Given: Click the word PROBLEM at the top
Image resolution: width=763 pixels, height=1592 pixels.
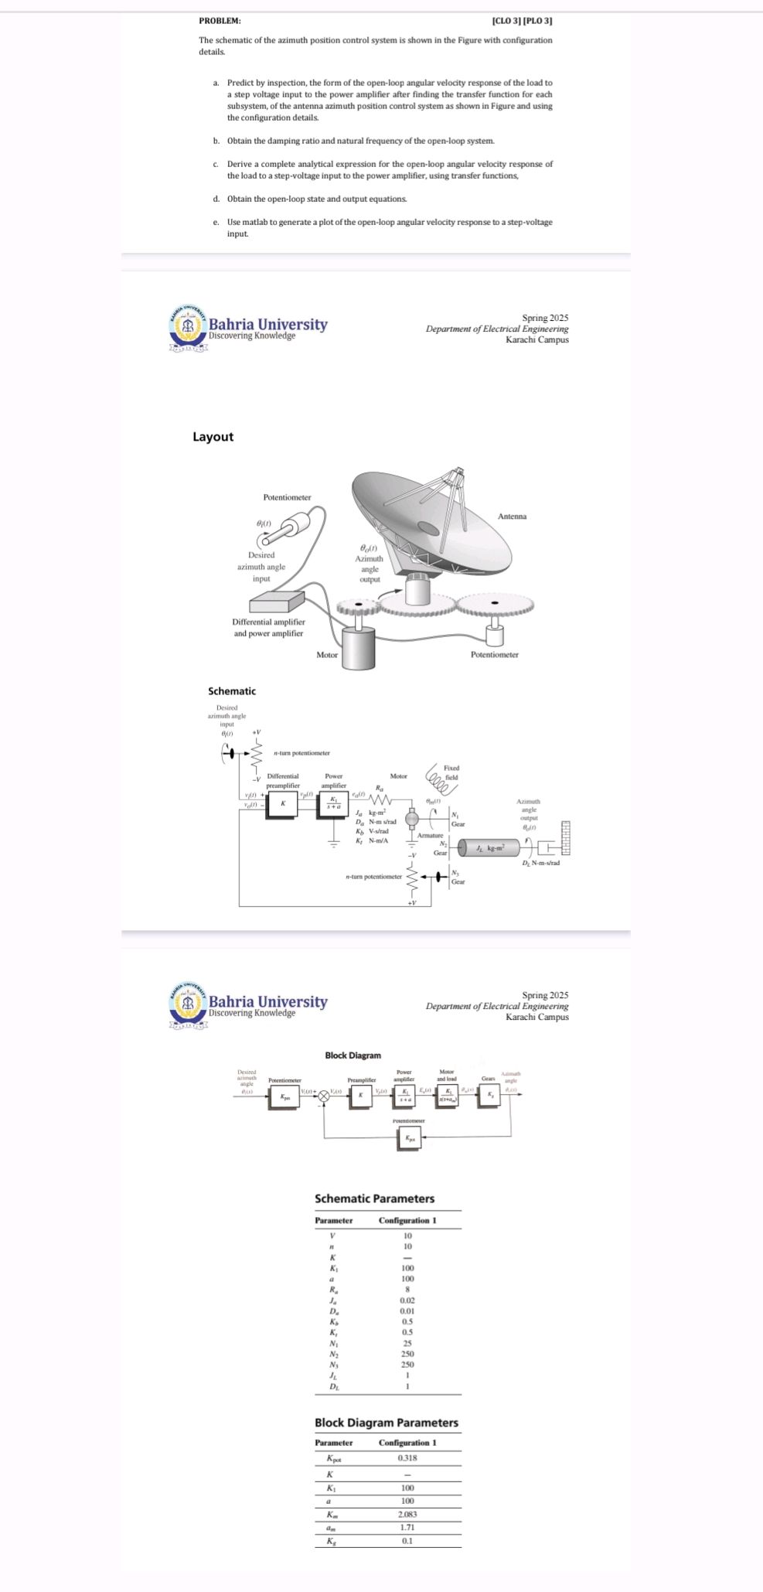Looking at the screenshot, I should [x=220, y=20].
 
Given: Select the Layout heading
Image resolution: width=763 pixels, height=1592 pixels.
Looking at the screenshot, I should [x=213, y=437].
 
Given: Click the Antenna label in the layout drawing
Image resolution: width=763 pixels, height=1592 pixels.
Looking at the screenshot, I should [x=512, y=516].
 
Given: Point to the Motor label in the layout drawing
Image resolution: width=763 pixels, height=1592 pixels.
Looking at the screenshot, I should [x=327, y=655].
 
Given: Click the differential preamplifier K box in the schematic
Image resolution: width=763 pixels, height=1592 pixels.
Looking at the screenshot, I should [x=284, y=803].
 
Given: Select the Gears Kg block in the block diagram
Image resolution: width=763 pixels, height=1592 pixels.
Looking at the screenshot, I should [x=488, y=1096].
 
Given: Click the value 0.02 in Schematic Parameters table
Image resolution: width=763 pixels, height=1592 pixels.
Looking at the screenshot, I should [x=407, y=1301].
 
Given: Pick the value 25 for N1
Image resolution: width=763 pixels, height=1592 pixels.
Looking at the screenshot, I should [x=407, y=1343].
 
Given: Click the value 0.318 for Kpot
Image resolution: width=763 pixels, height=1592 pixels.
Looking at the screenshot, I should [x=407, y=1457].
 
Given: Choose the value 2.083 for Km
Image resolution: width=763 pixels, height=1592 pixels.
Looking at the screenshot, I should [x=407, y=1515].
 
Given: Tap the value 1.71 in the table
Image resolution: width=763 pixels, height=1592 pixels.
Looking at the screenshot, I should [x=407, y=1528].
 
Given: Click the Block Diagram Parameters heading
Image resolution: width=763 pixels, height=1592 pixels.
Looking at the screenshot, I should [x=387, y=1423].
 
